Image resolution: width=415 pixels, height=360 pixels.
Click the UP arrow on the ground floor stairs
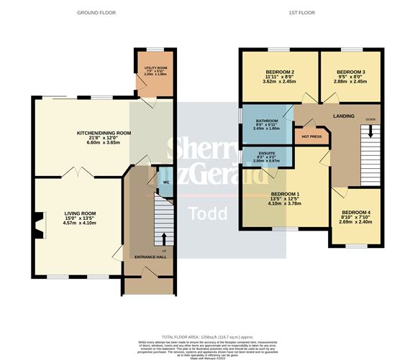click(164, 239)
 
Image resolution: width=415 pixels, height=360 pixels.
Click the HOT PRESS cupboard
click(311, 135)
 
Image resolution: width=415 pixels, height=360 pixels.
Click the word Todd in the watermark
click(207, 213)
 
